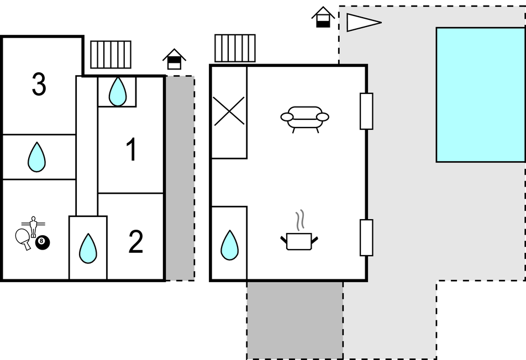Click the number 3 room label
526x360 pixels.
(x=39, y=84)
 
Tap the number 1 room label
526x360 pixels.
(x=131, y=150)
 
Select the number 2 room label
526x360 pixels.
(x=136, y=242)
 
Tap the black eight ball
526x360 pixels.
(x=43, y=242)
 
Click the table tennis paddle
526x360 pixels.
(x=24, y=238)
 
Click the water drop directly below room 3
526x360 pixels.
(x=37, y=157)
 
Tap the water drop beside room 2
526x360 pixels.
(x=88, y=248)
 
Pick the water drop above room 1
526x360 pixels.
(x=117, y=91)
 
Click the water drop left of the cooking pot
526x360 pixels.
(x=229, y=245)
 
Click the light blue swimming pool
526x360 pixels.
(x=480, y=94)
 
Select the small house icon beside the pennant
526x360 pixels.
(x=323, y=17)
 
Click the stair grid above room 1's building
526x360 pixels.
(x=111, y=54)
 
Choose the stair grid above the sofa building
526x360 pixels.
(x=235, y=48)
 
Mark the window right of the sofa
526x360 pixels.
(x=366, y=111)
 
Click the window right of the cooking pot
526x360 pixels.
(x=366, y=237)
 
